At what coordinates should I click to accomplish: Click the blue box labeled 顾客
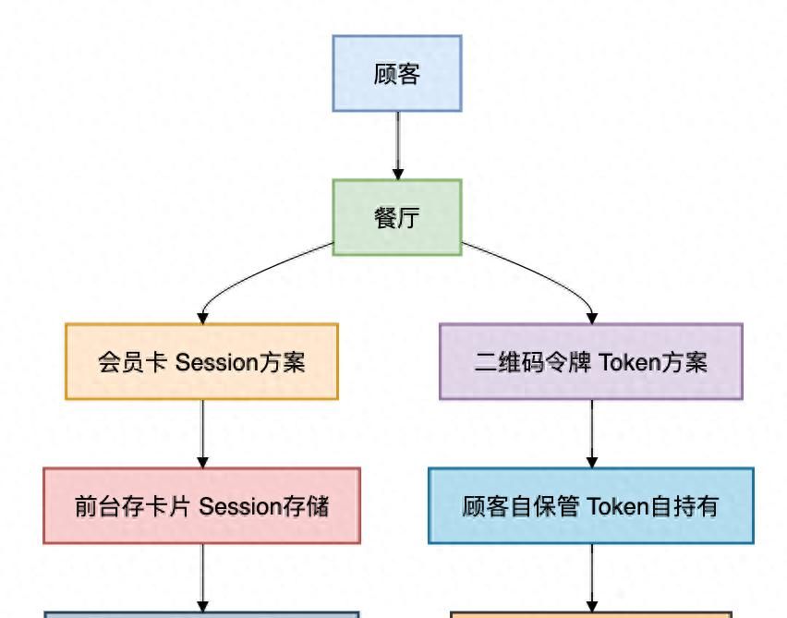coord(397,74)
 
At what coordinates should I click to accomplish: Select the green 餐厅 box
coord(397,218)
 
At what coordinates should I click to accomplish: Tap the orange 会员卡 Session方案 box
coord(201,361)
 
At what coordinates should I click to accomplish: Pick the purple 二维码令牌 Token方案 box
coord(591,361)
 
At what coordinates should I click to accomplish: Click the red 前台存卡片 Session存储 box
coord(201,505)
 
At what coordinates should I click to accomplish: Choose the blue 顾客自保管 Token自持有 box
coord(591,505)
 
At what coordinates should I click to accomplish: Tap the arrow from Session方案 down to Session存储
coord(203,432)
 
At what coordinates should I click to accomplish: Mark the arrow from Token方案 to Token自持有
coord(592,432)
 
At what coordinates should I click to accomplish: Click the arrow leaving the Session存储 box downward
coord(203,576)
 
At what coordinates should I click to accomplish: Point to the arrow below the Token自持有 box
coord(592,576)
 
